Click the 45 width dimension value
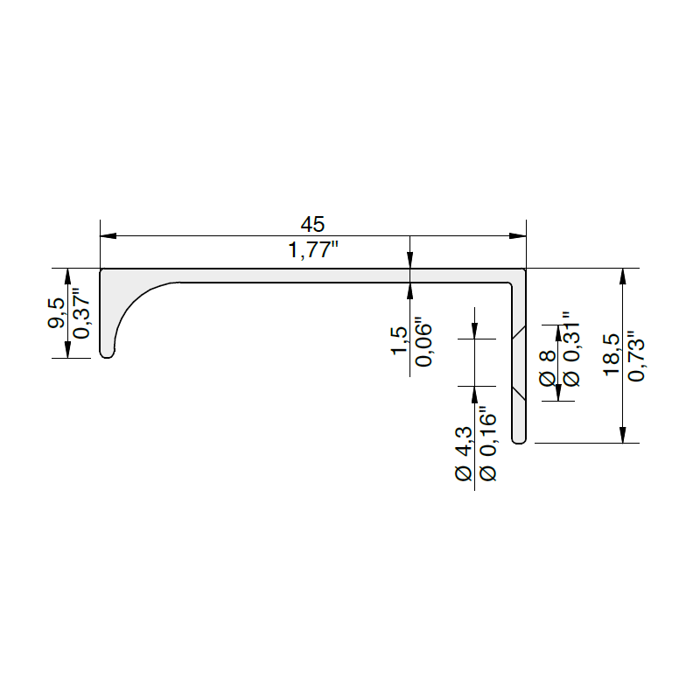[x=312, y=225]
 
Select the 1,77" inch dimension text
[x=313, y=249]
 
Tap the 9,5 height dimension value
[x=56, y=313]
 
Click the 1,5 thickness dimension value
[x=400, y=340]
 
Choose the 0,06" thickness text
[x=423, y=342]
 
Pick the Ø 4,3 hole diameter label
[x=463, y=453]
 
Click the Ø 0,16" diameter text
[x=487, y=444]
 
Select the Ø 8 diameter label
[x=548, y=368]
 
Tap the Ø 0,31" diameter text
[x=572, y=348]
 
